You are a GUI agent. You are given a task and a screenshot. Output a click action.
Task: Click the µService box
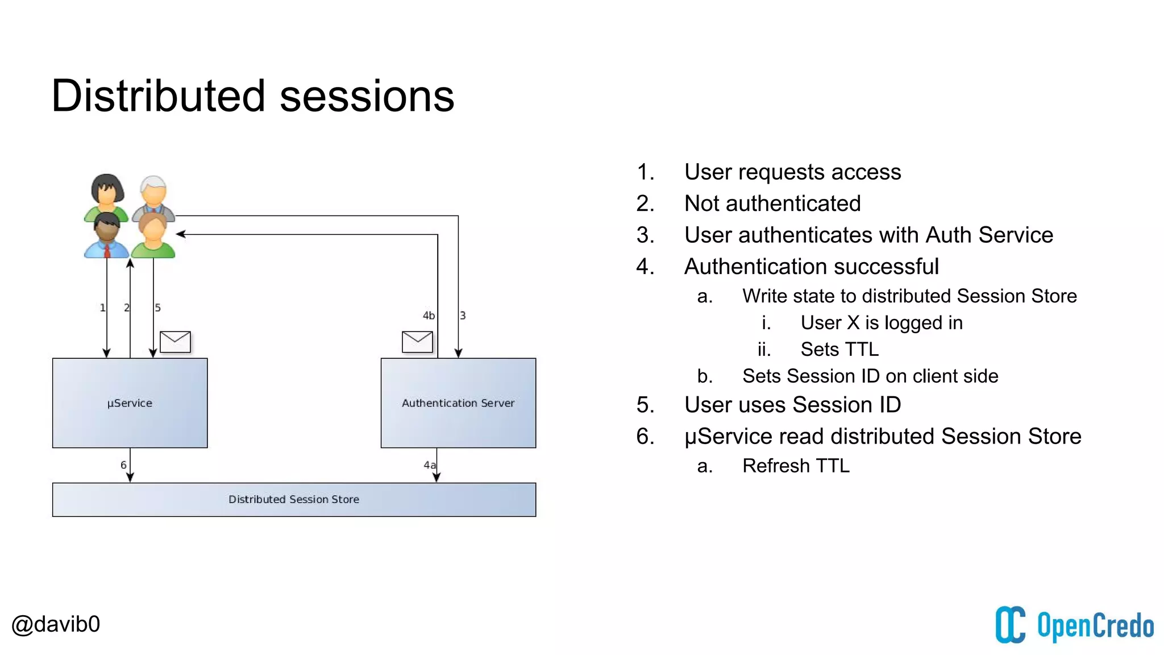[x=130, y=403]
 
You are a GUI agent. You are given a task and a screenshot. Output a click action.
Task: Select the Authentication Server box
[x=458, y=403]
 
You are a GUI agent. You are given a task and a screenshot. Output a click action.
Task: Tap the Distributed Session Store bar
[x=294, y=499]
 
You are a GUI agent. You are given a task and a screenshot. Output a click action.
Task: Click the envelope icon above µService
[x=175, y=342]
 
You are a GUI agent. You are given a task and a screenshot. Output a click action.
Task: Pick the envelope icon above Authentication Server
[x=417, y=342]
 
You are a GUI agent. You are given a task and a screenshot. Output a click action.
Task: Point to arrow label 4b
[x=429, y=316]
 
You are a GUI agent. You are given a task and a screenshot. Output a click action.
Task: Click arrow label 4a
[x=430, y=465]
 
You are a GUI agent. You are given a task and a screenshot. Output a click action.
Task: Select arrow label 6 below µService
[x=123, y=465]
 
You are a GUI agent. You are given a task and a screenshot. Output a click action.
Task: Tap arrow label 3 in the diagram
[x=463, y=316]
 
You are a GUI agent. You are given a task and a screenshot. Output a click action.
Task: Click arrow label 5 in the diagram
[x=157, y=308]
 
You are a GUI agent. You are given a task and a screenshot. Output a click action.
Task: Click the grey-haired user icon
[x=153, y=193]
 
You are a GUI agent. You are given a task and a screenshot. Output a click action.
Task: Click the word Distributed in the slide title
[x=158, y=96]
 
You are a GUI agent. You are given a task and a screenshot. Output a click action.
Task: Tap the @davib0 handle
[x=56, y=624]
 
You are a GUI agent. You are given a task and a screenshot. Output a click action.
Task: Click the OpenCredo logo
[x=1074, y=625]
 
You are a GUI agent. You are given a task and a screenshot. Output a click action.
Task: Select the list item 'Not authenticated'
[x=772, y=204]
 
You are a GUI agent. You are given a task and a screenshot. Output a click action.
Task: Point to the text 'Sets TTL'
[x=839, y=349]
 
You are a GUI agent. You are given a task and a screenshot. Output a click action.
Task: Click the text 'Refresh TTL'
[x=796, y=466]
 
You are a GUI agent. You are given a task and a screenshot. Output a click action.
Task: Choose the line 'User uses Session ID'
[x=792, y=405]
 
